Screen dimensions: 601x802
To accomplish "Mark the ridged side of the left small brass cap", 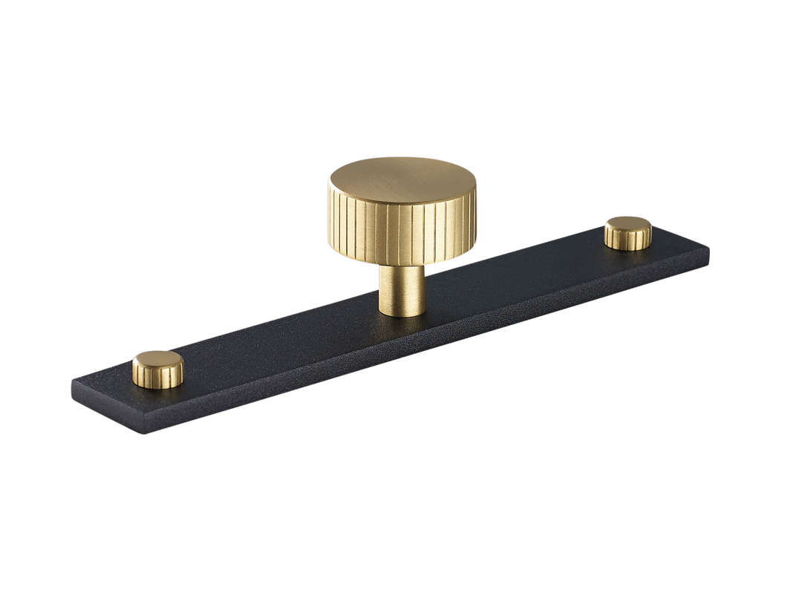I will pos(156,380).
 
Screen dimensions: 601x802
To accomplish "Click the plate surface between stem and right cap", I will pos(520,282).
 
